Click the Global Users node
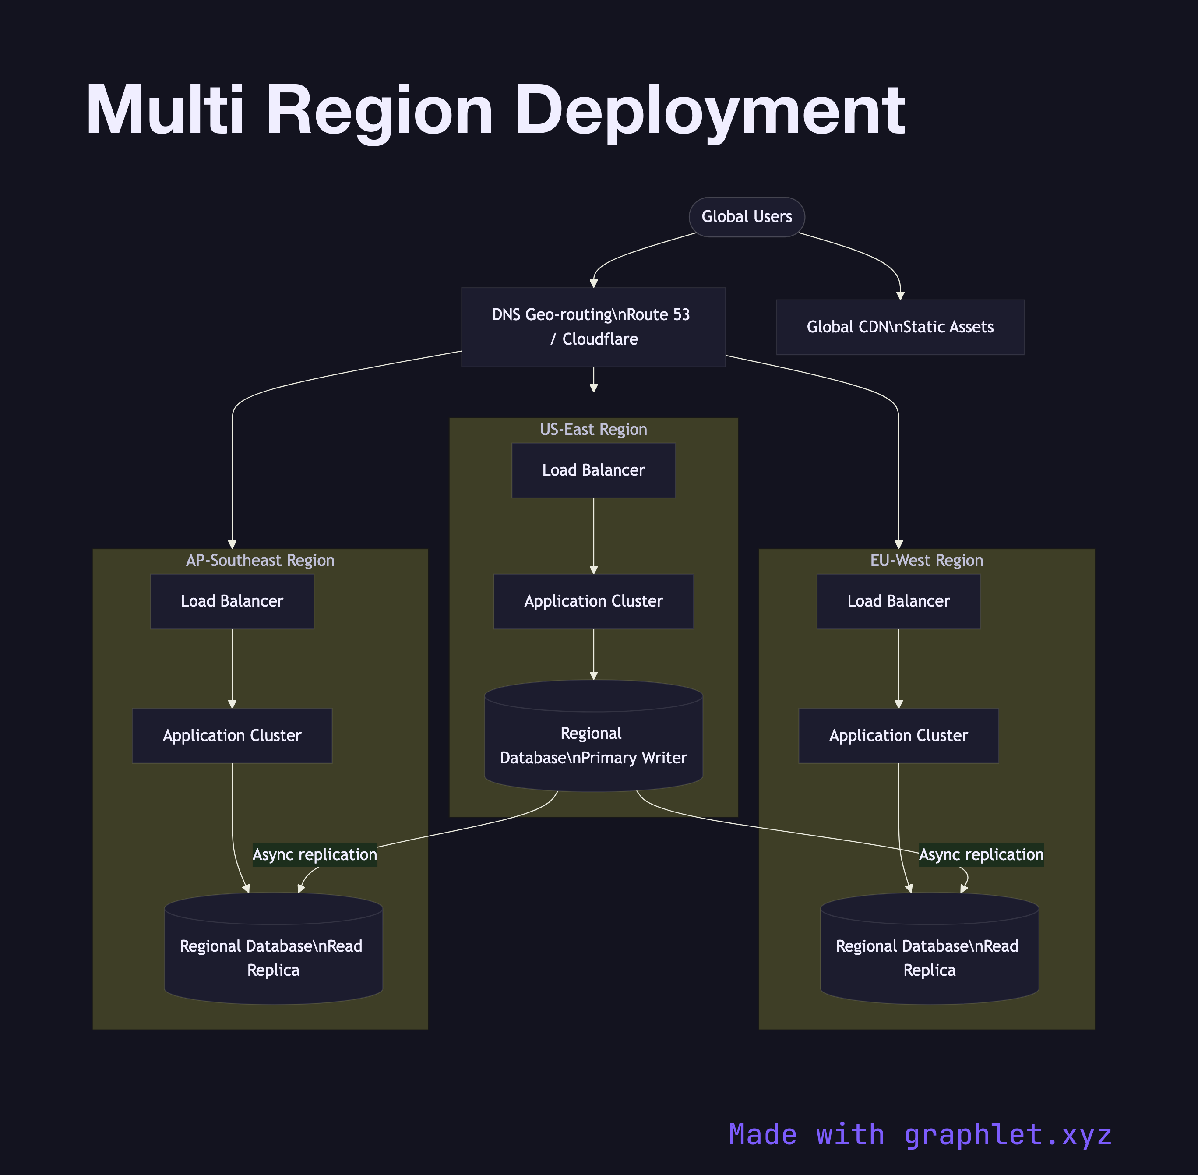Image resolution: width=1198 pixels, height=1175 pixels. pos(747,217)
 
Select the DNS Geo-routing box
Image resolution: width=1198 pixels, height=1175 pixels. pos(593,327)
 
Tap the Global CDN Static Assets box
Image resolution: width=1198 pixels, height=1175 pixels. pos(900,327)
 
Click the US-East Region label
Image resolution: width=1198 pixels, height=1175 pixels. pos(593,430)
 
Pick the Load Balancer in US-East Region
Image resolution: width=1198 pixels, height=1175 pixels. pos(593,470)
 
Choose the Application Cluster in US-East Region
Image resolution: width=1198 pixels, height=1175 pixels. pos(593,601)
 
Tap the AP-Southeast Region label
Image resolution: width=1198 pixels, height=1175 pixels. pos(261,560)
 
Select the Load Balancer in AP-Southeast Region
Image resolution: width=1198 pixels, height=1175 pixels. pos(232,601)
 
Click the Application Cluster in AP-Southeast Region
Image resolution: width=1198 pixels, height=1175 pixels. pos(232,736)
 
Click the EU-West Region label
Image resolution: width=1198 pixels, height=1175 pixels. pos(927,560)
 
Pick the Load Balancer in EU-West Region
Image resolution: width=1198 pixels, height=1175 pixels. pos(898,601)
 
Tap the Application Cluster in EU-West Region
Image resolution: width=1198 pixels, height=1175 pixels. pos(898,736)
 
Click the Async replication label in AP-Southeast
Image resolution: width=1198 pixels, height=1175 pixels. pos(315,855)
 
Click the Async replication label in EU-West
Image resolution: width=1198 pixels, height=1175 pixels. pos(981,855)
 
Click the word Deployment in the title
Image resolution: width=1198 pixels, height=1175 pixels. pos(709,111)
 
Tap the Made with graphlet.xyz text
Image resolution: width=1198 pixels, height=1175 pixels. pos(920,1134)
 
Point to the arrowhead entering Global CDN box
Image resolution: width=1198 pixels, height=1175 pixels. pos(900,296)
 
